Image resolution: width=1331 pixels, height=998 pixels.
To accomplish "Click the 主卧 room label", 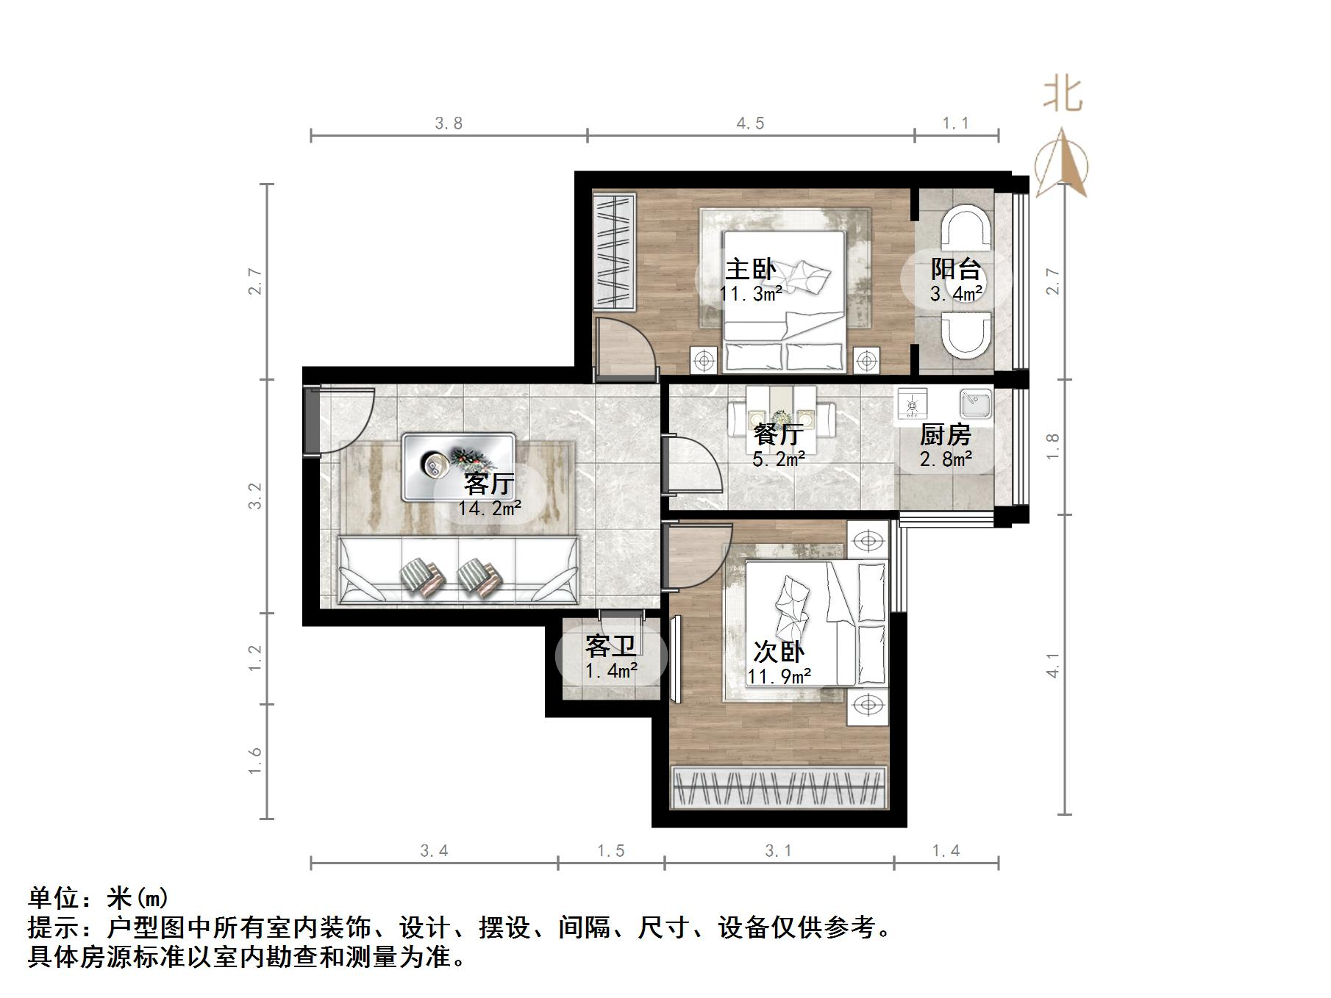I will click(x=750, y=269).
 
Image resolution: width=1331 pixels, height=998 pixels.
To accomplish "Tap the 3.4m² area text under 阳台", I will click(x=955, y=295).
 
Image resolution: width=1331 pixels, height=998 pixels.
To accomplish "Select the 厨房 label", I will click(x=945, y=435).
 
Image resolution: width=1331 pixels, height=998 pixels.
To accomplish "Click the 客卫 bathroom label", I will click(x=610, y=647).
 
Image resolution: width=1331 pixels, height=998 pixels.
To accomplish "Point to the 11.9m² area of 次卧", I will click(x=779, y=676).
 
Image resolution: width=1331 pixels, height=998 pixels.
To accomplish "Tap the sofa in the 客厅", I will click(x=457, y=571).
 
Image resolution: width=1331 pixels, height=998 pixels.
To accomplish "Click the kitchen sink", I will click(x=975, y=404).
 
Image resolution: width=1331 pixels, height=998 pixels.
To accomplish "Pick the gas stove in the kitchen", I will click(x=913, y=403).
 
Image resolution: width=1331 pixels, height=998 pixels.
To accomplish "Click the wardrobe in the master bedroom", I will click(x=613, y=251).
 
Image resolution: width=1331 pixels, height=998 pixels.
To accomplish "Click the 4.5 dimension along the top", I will click(x=750, y=123).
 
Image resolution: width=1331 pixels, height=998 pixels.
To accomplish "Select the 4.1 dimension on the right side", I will click(x=1053, y=665).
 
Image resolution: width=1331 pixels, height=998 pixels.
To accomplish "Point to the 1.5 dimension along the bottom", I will click(x=610, y=851).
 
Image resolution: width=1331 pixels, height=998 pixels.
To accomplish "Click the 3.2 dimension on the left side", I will click(x=254, y=496).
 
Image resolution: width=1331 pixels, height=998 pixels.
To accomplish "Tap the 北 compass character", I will click(x=1062, y=96).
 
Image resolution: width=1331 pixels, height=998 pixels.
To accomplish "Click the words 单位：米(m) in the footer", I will click(x=99, y=897).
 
